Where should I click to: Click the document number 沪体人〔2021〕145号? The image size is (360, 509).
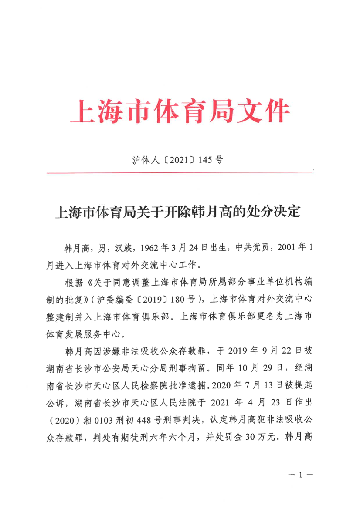coord(178,160)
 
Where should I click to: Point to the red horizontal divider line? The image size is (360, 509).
coord(180,172)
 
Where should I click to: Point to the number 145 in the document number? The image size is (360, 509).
coord(204,160)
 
